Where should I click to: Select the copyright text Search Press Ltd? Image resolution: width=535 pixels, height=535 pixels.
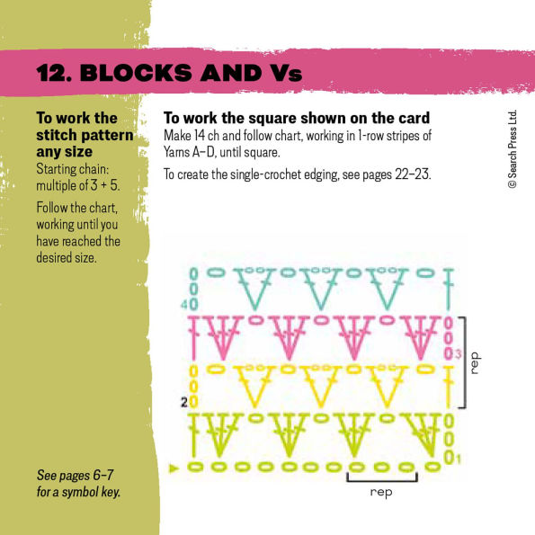(512, 148)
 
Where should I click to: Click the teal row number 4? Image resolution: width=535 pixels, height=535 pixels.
(183, 305)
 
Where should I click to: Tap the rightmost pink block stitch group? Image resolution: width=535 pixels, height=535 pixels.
(419, 340)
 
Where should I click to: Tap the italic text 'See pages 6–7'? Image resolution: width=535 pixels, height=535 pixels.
(71, 476)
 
